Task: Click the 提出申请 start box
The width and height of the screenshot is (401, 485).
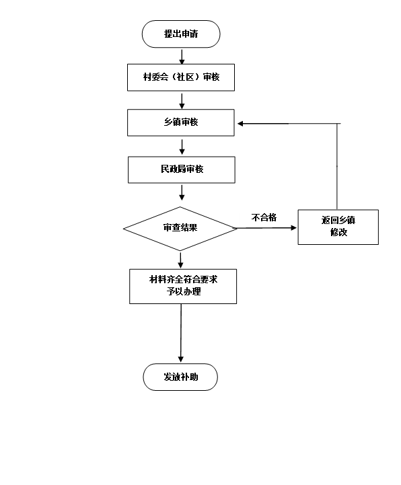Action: (x=181, y=34)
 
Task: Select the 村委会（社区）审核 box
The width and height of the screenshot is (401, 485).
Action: (x=181, y=77)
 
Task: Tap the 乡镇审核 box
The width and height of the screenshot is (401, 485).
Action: (x=181, y=122)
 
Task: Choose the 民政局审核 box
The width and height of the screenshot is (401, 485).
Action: (x=182, y=170)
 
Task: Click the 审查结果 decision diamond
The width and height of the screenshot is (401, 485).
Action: (x=180, y=229)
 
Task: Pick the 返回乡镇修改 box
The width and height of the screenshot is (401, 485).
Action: (x=338, y=227)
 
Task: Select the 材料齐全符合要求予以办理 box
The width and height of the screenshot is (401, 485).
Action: (x=183, y=286)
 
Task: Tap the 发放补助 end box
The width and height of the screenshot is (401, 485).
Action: (x=180, y=377)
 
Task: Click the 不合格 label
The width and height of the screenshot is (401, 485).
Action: (x=264, y=217)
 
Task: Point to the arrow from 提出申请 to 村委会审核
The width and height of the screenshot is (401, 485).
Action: (x=182, y=57)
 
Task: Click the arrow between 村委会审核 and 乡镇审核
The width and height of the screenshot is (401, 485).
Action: (x=182, y=101)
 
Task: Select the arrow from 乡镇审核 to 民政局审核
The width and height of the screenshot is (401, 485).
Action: (x=182, y=147)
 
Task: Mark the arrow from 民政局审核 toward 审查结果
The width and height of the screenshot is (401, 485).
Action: (x=182, y=192)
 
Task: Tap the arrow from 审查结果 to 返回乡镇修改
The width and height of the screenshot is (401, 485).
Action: (x=266, y=228)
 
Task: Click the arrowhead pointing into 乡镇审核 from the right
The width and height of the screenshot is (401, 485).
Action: (x=240, y=124)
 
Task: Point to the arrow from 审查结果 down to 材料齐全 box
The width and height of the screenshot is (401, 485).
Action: (x=181, y=260)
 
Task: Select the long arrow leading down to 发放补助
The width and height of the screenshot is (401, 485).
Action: (x=181, y=333)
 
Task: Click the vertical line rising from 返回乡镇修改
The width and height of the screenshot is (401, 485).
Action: (x=337, y=166)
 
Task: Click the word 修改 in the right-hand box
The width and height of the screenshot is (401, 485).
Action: (x=339, y=232)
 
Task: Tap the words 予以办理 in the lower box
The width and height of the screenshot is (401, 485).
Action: (x=184, y=291)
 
